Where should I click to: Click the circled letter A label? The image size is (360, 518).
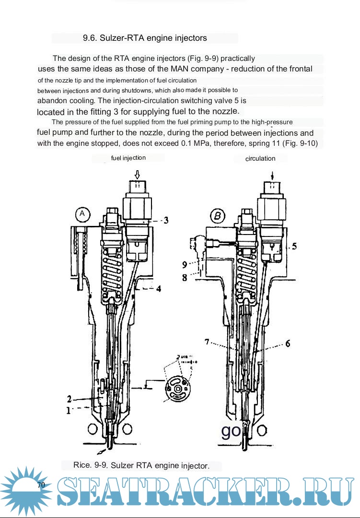pos(82,214)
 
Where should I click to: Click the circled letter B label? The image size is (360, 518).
pos(218,216)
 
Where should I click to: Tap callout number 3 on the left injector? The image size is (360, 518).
pos(165,220)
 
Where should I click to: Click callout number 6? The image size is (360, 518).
pos(287,343)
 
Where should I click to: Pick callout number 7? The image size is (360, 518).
pos(207,342)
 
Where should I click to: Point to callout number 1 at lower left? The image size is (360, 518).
pos(69,410)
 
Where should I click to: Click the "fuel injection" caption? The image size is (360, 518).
pos(128,158)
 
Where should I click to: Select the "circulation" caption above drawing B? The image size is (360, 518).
pos(260,158)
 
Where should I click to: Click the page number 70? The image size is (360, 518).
pos(41,485)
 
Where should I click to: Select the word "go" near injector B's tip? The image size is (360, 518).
pos(231,430)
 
